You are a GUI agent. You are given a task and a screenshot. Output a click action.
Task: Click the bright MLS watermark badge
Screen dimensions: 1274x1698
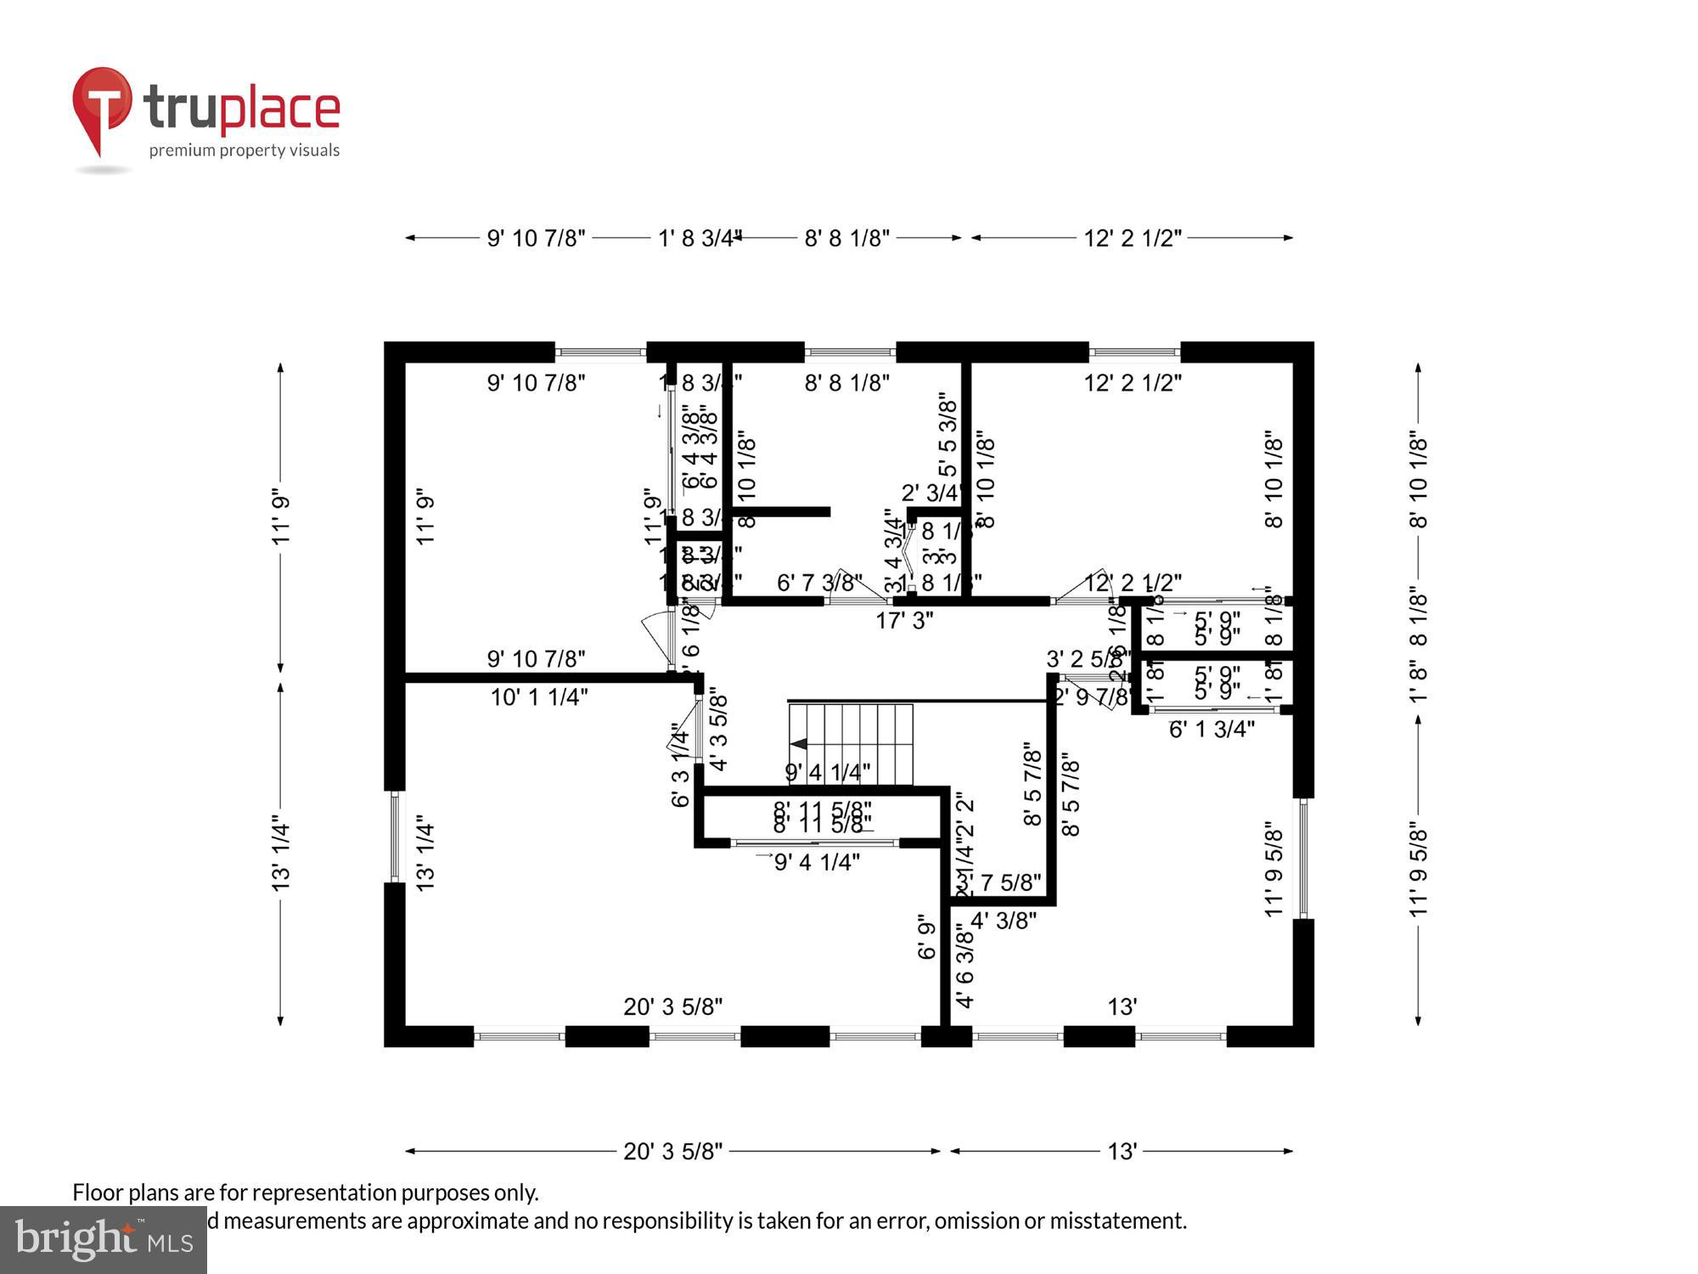(x=103, y=1240)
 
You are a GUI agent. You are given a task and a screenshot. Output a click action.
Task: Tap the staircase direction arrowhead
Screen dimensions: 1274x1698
(x=798, y=744)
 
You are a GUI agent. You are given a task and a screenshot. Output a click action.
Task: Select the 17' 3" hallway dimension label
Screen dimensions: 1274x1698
(x=904, y=621)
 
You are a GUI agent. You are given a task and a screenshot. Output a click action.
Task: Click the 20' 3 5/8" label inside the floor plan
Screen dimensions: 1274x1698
(x=672, y=1006)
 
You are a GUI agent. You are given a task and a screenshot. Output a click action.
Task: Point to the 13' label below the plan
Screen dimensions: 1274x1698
(x=1122, y=1152)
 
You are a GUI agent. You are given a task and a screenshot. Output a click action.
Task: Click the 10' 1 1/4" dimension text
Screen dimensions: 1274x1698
(x=539, y=697)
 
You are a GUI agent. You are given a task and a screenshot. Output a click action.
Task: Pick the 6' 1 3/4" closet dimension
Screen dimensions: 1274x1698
(x=1212, y=729)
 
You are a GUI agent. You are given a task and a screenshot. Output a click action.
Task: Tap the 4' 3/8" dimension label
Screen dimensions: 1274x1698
(x=1003, y=920)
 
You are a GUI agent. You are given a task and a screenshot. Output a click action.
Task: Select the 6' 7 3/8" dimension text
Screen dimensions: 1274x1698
(x=819, y=583)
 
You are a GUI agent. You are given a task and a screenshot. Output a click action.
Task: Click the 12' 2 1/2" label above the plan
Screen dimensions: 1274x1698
(x=1133, y=238)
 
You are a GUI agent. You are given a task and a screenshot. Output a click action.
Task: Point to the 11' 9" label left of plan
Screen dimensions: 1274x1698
(x=281, y=516)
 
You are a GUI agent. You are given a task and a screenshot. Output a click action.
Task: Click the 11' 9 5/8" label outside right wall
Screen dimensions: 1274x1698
(x=1419, y=867)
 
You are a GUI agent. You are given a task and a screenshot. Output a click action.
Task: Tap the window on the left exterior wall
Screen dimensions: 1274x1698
(x=395, y=837)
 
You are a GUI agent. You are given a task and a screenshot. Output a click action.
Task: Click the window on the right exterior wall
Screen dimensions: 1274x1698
(x=1303, y=858)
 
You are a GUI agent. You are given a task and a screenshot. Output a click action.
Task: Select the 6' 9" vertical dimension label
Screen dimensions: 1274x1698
(x=927, y=936)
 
